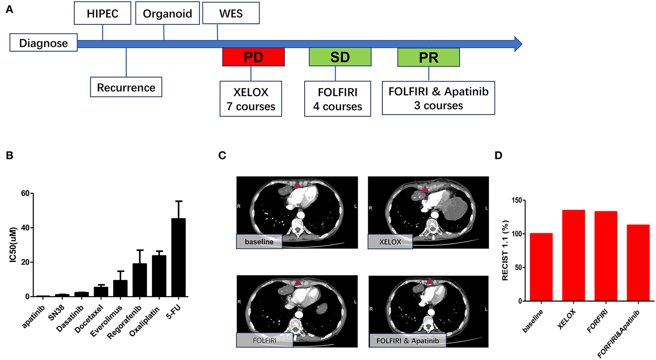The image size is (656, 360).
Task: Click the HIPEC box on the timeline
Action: pyautogui.click(x=102, y=13)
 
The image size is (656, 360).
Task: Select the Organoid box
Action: pyautogui.click(x=167, y=13)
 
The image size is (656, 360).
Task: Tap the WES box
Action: pyautogui.click(x=231, y=13)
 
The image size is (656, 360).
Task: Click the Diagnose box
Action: pyautogui.click(x=43, y=43)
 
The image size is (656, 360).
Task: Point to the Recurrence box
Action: pyautogui.click(x=126, y=87)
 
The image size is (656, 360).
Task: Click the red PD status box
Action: pyautogui.click(x=253, y=57)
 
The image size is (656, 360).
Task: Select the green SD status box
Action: pyautogui.click(x=340, y=57)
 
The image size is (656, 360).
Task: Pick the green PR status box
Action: pyautogui.click(x=428, y=57)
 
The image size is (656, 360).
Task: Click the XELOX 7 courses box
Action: pyautogui.click(x=251, y=99)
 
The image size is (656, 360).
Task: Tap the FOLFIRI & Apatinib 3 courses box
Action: pyautogui.click(x=438, y=98)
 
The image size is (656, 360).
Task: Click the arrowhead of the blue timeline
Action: pyautogui.click(x=518, y=44)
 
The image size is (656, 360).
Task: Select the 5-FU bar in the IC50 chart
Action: pyautogui.click(x=178, y=257)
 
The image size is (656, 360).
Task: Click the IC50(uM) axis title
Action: pyautogui.click(x=13, y=244)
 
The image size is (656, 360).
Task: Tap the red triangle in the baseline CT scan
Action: pyautogui.click(x=297, y=185)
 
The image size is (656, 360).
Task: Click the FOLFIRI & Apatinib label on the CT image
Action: pyautogui.click(x=408, y=341)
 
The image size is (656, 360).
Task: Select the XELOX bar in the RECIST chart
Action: pyautogui.click(x=573, y=255)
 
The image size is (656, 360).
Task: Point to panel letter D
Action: pyautogui.click(x=498, y=156)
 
